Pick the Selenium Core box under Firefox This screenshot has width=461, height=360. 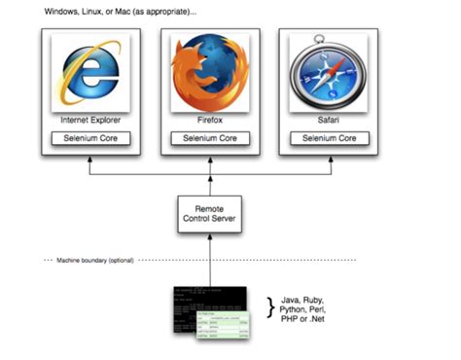[209, 139]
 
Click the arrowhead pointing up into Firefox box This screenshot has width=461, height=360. [209, 161]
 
